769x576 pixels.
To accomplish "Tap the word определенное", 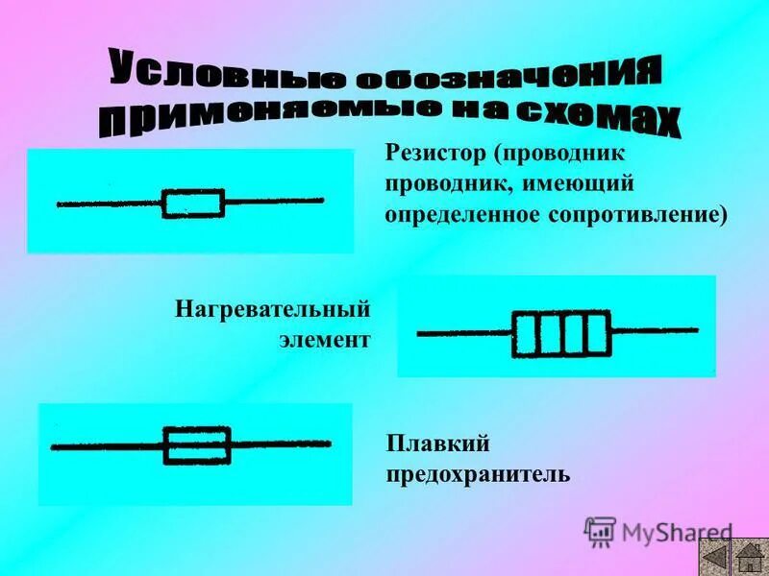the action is (x=463, y=212).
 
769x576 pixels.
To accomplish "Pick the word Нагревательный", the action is (x=273, y=310).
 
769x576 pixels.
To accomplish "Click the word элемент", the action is (x=324, y=340).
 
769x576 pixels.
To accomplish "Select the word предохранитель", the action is (x=478, y=474).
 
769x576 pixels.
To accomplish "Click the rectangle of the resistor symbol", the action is (x=193, y=203).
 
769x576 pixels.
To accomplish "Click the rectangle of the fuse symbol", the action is (x=197, y=445).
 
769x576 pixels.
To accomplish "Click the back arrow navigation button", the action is (x=714, y=556).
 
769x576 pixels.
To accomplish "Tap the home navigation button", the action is (x=748, y=556).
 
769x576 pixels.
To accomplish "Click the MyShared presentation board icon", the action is (x=601, y=532).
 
